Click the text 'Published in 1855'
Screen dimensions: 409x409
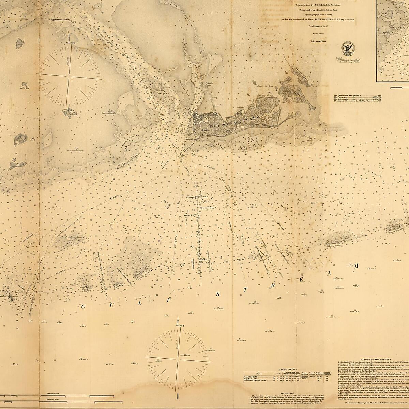click(318, 25)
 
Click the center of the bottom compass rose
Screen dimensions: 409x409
click(178, 358)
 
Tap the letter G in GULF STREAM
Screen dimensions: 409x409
click(83, 306)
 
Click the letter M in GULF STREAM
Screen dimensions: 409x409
click(356, 266)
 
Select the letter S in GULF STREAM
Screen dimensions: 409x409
click(217, 294)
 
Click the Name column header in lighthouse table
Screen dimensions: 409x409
click(259, 373)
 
